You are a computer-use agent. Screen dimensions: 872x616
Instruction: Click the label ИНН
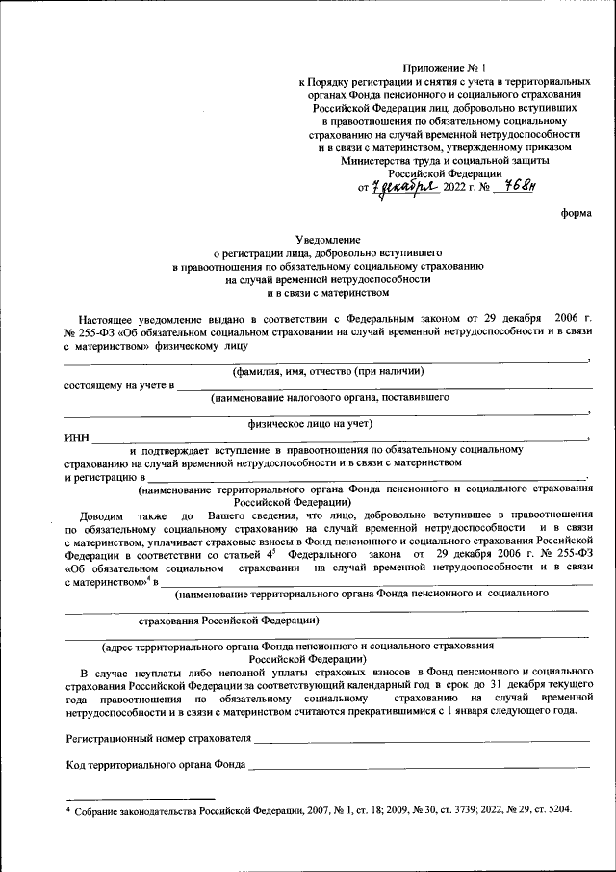coord(77,436)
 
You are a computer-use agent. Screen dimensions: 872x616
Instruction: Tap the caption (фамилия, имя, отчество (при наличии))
coord(327,371)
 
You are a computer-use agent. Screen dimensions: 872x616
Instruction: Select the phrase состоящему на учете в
coord(119,385)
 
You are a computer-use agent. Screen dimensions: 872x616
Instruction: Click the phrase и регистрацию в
coord(105,476)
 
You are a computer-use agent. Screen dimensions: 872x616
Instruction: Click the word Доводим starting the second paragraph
coord(102,516)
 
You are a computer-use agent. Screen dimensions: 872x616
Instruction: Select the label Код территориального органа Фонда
coord(155,767)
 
